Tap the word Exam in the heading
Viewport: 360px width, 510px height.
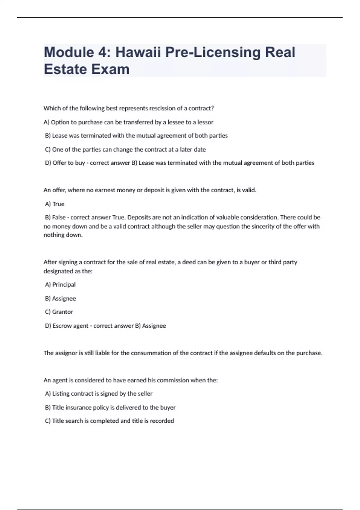110,69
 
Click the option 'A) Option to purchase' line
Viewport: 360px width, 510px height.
129,122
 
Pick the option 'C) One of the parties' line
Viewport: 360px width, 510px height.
125,149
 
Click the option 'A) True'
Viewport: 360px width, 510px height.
55,204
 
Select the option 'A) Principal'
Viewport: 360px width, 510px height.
60,284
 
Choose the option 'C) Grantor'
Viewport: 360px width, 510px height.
59,312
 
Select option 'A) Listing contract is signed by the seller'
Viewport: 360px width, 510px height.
99,394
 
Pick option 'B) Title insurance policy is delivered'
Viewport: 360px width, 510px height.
110,407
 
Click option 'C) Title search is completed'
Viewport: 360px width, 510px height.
109,421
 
